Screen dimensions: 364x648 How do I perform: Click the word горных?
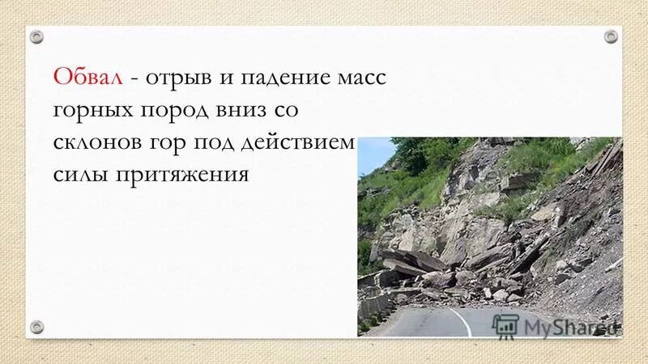click(91, 112)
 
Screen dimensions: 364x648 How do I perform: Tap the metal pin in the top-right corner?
click(610, 36)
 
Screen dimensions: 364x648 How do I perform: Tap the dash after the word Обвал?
click(132, 79)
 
